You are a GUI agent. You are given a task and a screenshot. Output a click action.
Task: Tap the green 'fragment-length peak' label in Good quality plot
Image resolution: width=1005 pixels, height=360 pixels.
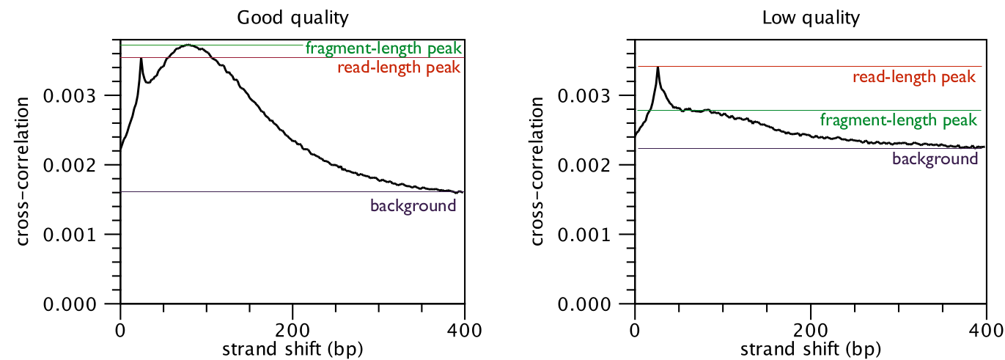(384, 49)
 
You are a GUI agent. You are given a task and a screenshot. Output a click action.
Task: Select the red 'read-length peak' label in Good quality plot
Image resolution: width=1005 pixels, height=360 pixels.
(399, 68)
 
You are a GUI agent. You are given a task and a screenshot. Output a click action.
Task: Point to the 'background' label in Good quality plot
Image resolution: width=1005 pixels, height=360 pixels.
(413, 205)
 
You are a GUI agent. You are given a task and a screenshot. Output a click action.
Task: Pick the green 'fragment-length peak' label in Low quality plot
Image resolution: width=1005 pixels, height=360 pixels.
(899, 120)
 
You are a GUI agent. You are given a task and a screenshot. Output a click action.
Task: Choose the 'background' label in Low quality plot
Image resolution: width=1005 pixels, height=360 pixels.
(935, 158)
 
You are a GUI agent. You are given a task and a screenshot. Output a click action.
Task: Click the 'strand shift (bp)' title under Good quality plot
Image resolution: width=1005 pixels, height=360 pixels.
(292, 345)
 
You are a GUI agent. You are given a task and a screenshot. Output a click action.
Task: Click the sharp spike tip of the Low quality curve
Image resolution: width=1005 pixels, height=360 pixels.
(658, 68)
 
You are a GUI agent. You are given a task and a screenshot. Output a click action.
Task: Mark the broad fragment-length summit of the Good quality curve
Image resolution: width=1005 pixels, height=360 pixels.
(189, 45)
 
